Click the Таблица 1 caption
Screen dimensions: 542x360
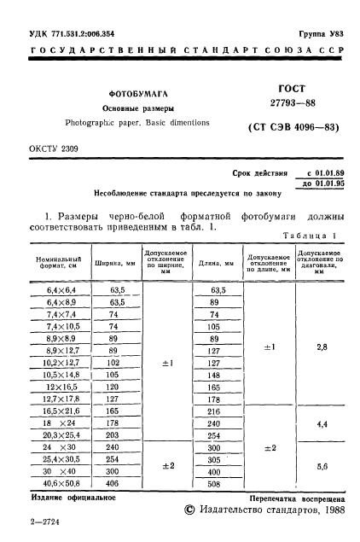click(x=312, y=236)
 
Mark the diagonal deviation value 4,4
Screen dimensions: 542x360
click(x=322, y=423)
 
